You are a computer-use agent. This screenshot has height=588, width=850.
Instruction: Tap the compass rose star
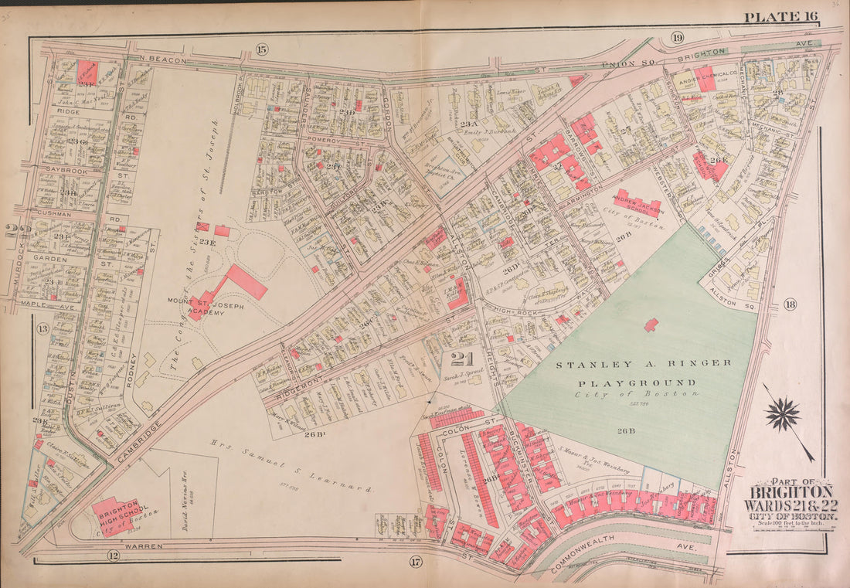(783, 413)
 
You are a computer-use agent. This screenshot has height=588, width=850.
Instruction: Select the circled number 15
(261, 49)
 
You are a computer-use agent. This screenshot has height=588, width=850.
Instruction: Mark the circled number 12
(113, 556)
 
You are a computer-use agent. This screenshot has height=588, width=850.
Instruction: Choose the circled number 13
(43, 330)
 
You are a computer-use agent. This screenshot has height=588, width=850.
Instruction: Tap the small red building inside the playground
(651, 325)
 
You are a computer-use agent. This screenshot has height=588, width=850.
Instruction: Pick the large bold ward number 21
(461, 359)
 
